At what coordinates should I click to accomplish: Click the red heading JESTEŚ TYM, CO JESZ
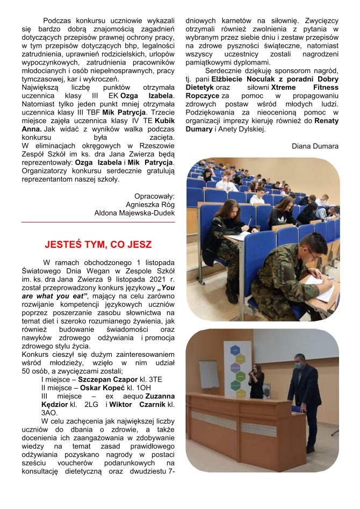[x=98, y=245]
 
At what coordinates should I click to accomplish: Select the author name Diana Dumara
[x=315, y=146]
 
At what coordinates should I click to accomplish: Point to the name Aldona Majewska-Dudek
[x=134, y=213]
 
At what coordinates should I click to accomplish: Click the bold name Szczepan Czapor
[x=124, y=378]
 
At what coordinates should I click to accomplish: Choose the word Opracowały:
[x=154, y=196]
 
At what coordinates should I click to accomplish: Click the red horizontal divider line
[x=98, y=222]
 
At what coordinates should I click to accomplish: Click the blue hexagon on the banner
[x=234, y=350]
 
